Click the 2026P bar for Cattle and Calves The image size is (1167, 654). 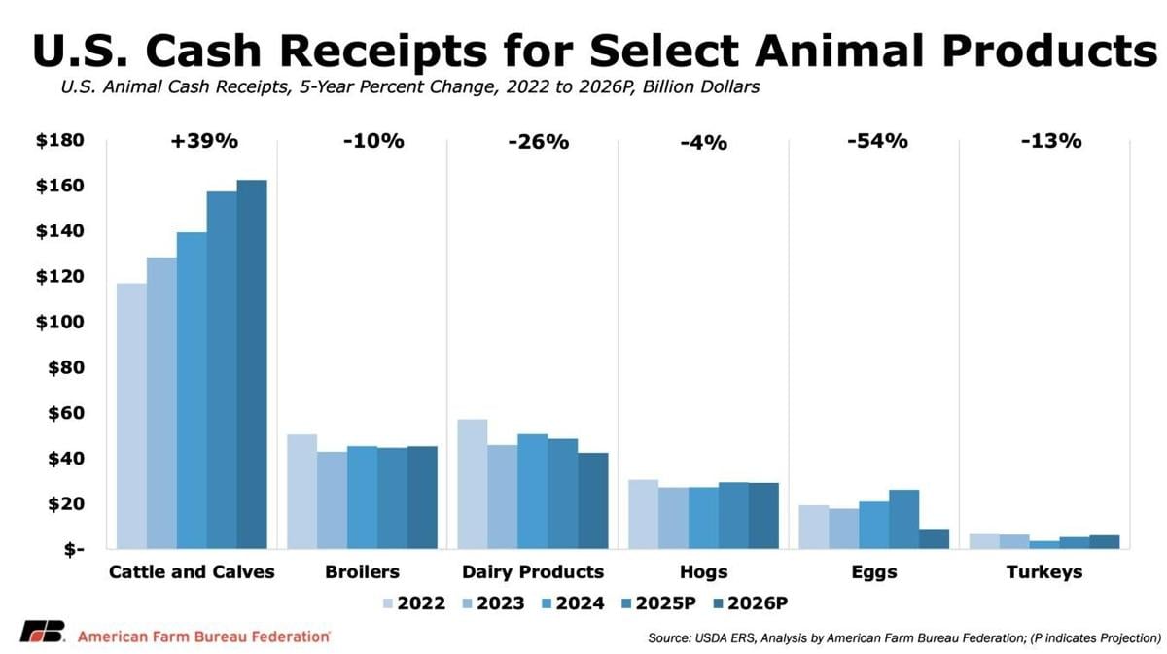click(252, 364)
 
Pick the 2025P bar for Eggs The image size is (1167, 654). click(903, 519)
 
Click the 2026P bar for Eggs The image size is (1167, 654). click(934, 538)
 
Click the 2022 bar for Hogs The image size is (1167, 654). click(643, 514)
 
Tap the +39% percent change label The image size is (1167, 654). click(204, 141)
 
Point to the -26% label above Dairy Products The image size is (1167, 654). click(538, 142)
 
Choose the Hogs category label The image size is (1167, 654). click(703, 572)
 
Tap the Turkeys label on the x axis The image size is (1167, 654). click(1044, 572)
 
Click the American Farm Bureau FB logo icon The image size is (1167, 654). click(43, 631)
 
